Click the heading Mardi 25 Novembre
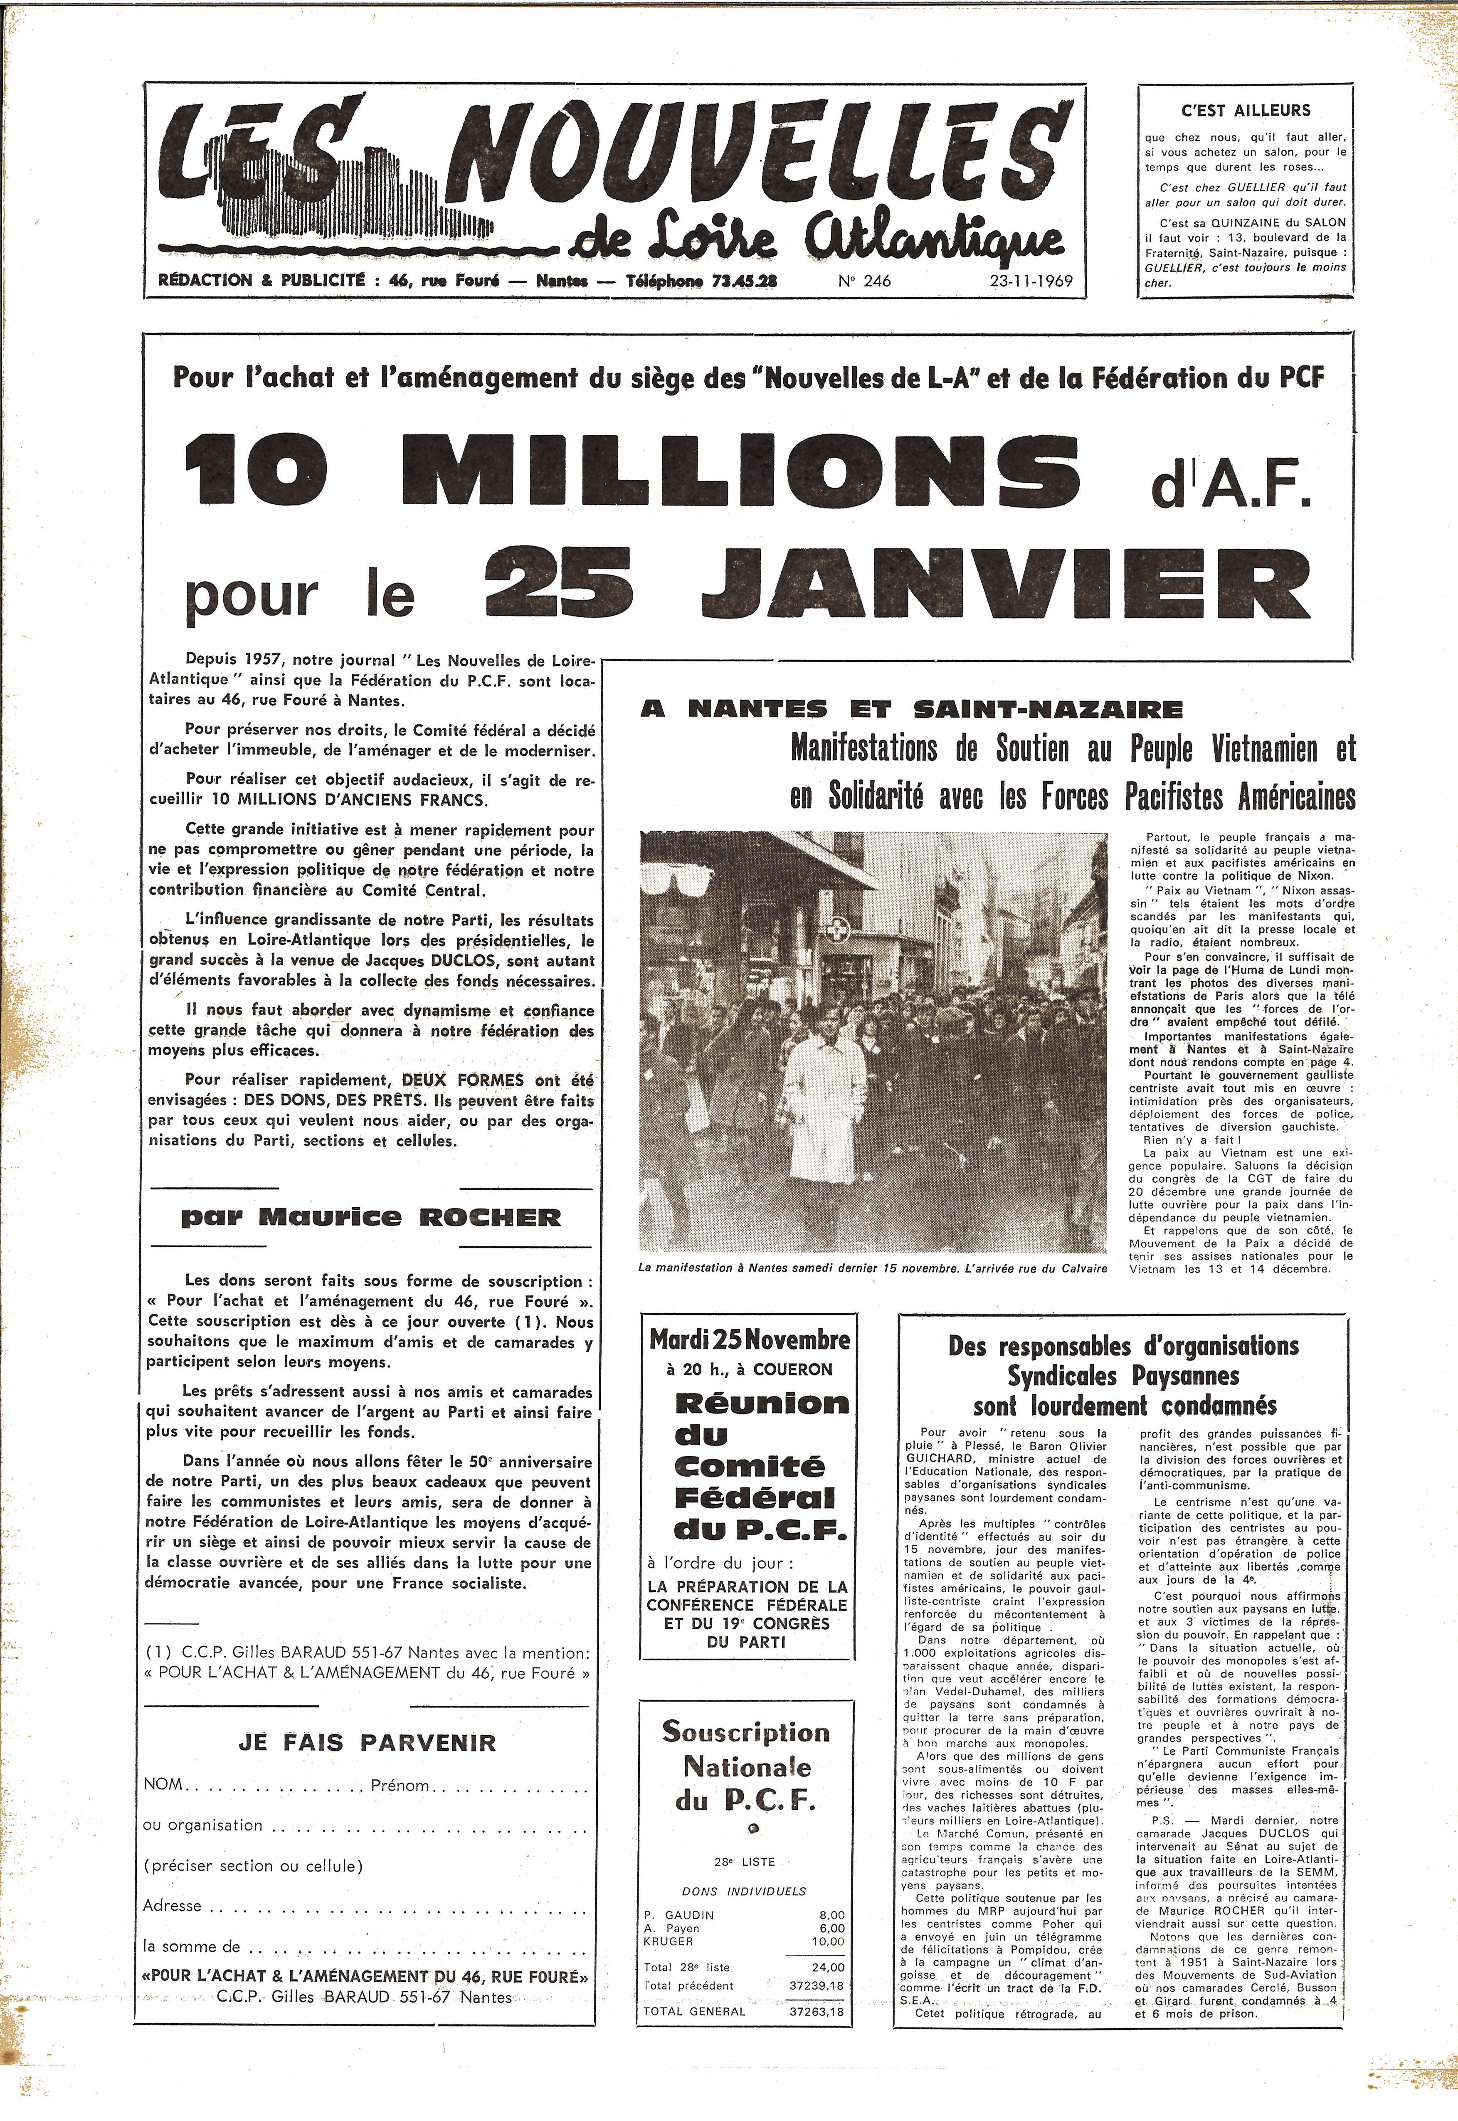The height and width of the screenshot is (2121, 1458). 749,1340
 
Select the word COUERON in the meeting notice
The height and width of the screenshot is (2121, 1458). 793,1369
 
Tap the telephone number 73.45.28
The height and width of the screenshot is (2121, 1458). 742,281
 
